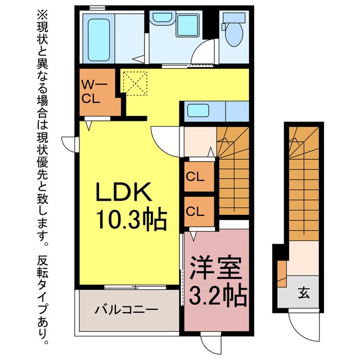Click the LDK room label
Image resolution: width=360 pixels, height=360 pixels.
click(124, 193)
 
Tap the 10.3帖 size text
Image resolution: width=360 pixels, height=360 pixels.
click(130, 219)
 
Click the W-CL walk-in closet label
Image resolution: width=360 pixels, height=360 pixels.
click(92, 92)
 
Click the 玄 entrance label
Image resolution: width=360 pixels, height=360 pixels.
click(303, 293)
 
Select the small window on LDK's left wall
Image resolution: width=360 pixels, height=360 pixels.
click(68, 144)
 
